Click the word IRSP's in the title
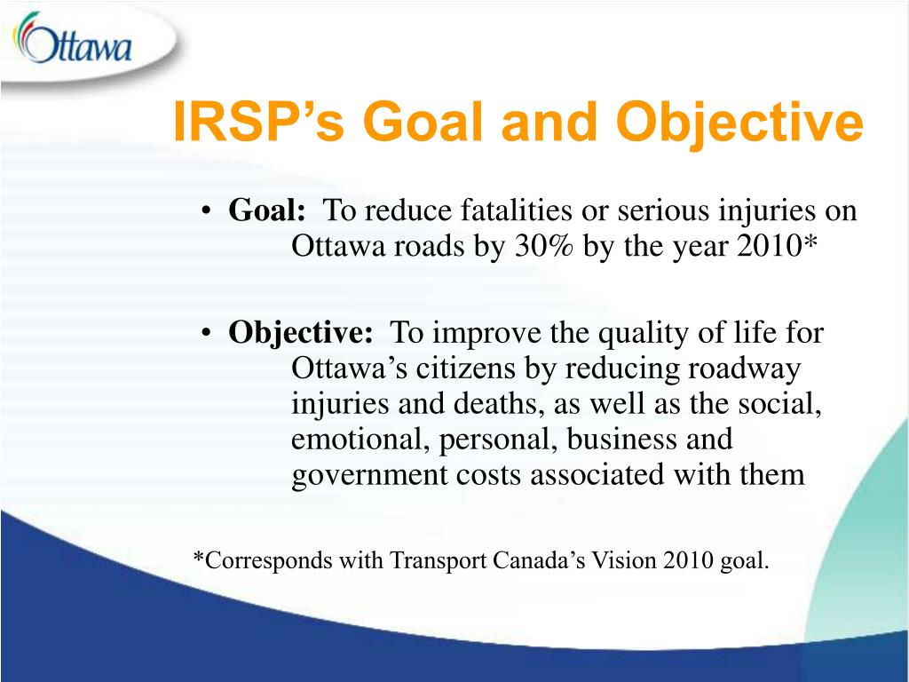pos(258,122)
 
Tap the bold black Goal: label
pos(266,210)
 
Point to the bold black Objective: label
pos(301,334)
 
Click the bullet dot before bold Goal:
pos(206,211)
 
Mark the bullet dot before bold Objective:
pos(206,334)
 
